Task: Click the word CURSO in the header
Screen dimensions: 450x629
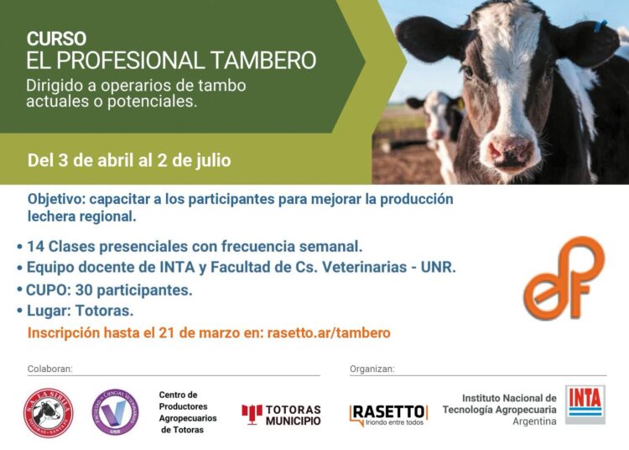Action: click(56, 39)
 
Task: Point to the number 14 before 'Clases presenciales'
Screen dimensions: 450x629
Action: click(35, 247)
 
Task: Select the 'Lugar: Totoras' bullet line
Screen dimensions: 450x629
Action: click(79, 311)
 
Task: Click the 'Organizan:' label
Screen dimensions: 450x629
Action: click(372, 369)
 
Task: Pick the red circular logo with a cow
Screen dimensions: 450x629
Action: click(48, 413)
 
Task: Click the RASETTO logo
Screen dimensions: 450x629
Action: click(388, 413)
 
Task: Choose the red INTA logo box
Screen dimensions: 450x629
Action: click(585, 404)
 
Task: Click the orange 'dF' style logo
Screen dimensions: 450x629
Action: click(564, 277)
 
